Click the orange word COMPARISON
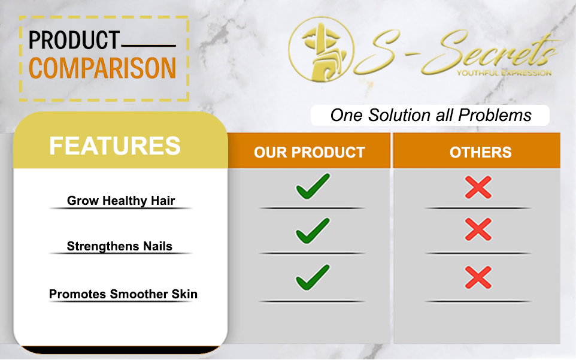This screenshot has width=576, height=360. pos(102,68)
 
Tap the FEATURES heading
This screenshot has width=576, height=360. pos(114,146)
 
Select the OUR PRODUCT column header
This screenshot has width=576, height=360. pos(310,152)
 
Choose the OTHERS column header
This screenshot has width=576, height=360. pos(480,152)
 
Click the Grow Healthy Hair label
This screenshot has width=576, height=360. pos(121,201)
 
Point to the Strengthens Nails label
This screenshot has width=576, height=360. pos(120,246)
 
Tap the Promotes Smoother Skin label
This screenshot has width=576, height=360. pos(123,294)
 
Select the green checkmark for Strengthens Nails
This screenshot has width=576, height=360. pos(313,231)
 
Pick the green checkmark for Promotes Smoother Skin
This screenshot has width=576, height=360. pos(313,277)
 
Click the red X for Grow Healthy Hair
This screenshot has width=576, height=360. pos(478,187)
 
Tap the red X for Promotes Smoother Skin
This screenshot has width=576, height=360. pos(478,277)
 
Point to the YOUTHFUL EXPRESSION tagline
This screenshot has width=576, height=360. pos(504,73)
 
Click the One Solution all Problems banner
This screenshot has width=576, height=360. pos(430,115)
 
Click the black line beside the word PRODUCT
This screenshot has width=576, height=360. pos(148,46)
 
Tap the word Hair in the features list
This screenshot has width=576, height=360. pos(163,201)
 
